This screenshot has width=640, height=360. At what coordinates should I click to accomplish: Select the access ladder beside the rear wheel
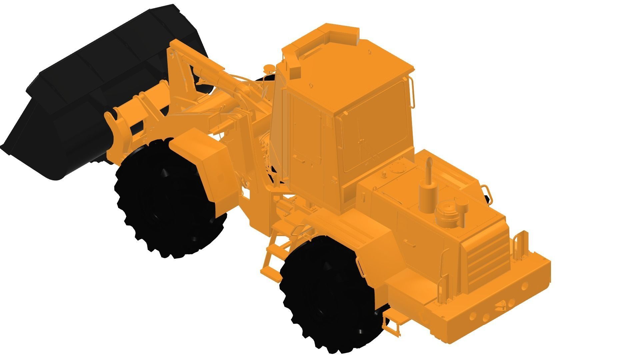click(272, 257)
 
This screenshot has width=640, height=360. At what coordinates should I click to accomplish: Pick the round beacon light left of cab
click(269, 69)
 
